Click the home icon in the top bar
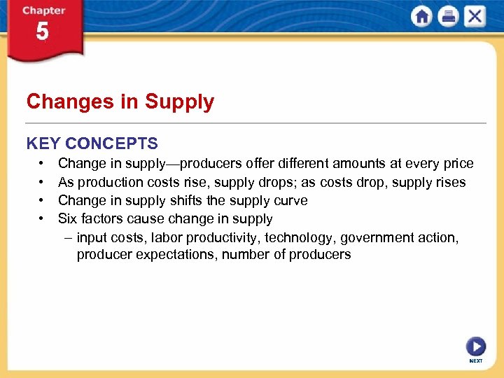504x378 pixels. pos(422,17)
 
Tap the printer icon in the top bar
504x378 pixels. pos(448,17)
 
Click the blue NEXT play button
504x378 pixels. pos(475,347)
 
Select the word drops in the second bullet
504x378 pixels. pos(274,182)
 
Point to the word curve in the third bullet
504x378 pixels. pos(290,200)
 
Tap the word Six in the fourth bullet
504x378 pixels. pos(69,218)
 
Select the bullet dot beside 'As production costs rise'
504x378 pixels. pos(43,182)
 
